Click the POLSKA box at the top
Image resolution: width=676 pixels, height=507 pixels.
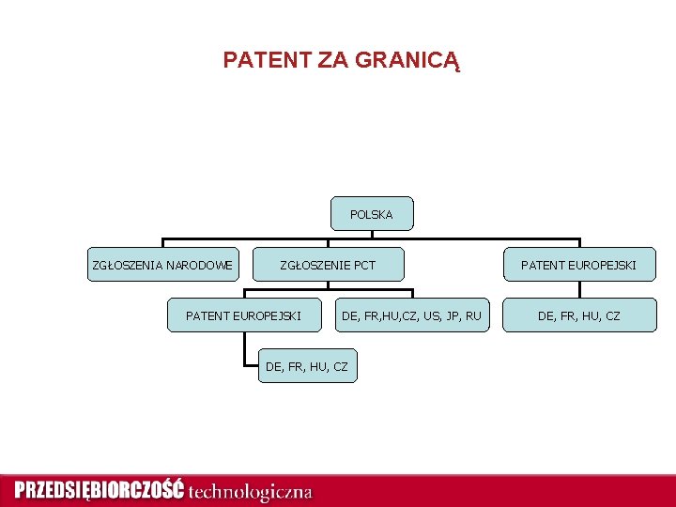[372, 214]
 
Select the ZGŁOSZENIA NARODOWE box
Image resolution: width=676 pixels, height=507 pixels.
[162, 265]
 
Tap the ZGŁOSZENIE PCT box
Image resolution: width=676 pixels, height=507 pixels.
[329, 265]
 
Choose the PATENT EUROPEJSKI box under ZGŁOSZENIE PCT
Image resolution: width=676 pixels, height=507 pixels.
[243, 315]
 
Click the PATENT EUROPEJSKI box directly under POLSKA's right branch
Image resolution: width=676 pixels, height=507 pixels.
[579, 265]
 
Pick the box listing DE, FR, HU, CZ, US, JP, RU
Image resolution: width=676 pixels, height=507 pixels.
[411, 315]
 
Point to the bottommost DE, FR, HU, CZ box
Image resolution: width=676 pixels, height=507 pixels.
[307, 366]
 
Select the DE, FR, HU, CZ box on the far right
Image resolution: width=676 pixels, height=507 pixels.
[579, 315]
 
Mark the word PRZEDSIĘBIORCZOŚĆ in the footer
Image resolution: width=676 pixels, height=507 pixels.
[100, 490]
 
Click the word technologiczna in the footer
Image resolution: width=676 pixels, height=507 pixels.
[251, 491]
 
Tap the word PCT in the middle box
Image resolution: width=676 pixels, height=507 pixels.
[363, 265]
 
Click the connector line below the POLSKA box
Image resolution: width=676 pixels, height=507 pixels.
[372, 235]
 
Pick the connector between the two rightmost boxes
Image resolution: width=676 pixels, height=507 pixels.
[579, 290]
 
